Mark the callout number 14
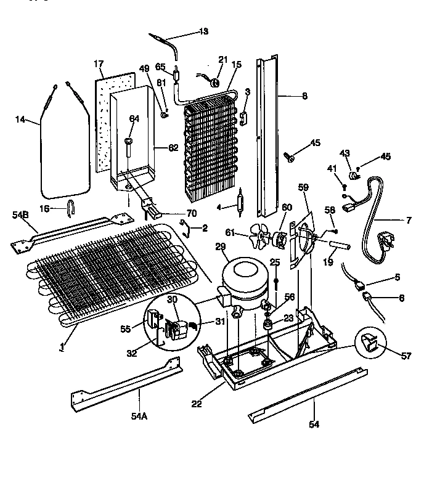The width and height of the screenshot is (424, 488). (x=21, y=120)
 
